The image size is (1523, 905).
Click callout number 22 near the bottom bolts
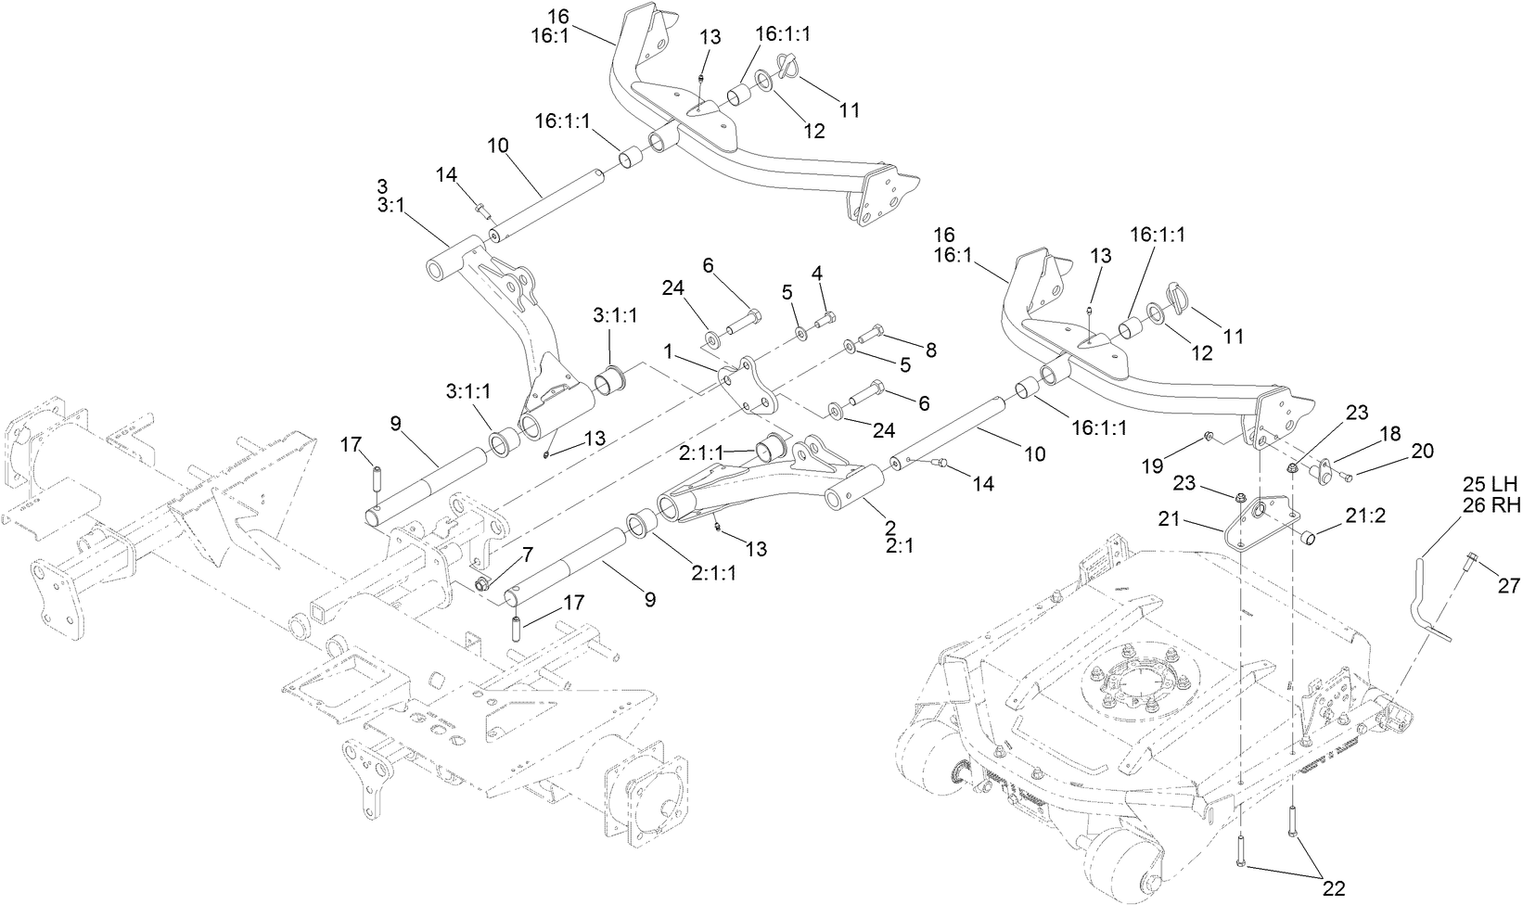[1333, 888]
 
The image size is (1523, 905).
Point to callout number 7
[527, 554]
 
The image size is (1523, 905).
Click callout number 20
[1423, 452]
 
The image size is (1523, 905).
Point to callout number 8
[929, 351]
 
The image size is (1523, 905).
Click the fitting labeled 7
[482, 583]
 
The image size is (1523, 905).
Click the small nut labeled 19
[1209, 436]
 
